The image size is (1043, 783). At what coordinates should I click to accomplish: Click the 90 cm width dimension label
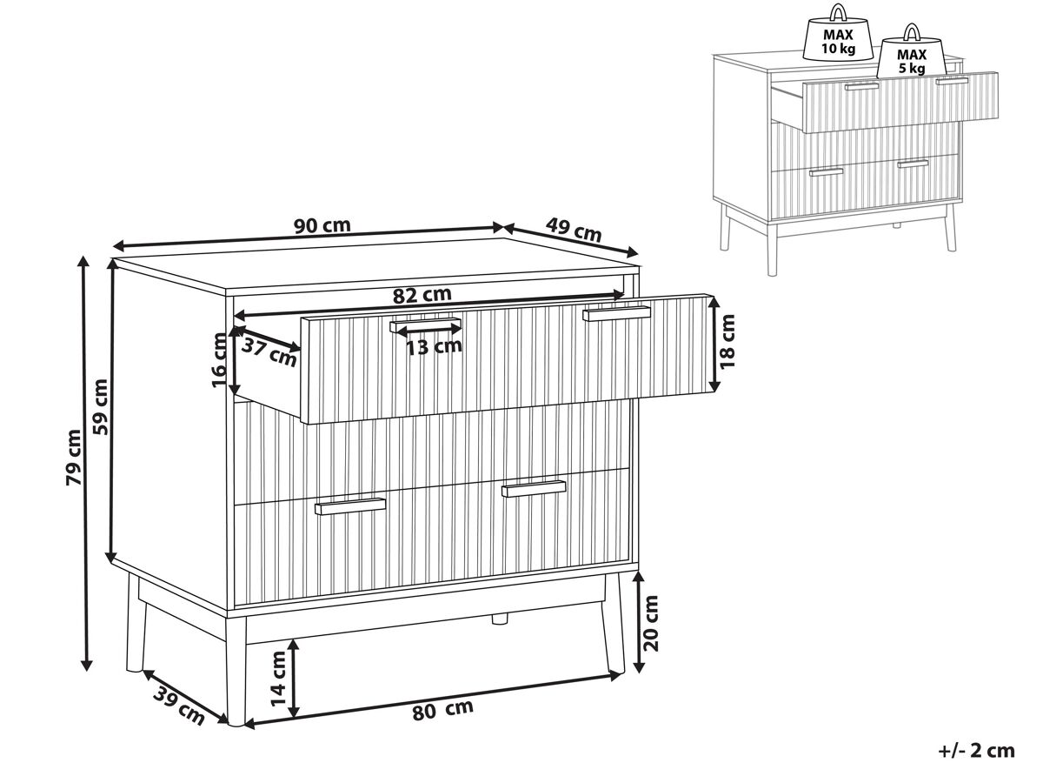322,224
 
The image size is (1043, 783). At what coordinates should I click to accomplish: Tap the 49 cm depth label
574,230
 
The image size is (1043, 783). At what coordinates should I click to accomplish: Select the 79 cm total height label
73,457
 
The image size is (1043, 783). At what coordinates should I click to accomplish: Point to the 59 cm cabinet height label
101,406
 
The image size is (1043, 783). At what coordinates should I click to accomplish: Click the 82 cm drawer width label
422,295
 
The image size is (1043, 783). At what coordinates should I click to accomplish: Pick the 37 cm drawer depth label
269,351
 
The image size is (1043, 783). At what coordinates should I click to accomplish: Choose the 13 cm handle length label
434,347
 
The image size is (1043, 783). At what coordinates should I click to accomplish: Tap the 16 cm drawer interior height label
220,360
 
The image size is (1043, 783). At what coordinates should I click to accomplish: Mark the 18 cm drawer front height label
727,341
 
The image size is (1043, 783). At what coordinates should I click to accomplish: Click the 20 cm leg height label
650,623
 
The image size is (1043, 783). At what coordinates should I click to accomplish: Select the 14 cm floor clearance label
277,679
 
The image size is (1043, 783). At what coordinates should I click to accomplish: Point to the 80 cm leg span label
442,710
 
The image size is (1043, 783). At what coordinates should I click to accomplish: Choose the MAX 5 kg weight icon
912,52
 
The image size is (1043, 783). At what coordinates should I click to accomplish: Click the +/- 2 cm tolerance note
976,751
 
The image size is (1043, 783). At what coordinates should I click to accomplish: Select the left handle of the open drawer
425,325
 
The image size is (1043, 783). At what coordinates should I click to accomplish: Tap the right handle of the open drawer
617,313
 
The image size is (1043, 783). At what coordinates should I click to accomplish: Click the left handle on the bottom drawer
350,505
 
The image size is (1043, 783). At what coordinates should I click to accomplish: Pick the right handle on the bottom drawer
534,488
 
